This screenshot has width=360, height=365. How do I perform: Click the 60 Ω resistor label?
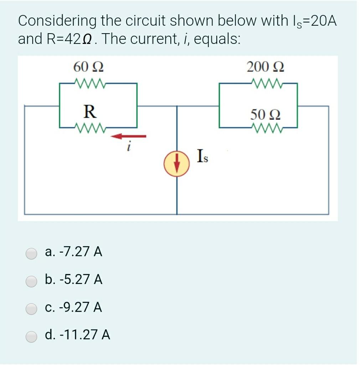(x=89, y=67)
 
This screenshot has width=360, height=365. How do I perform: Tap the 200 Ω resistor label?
(x=265, y=67)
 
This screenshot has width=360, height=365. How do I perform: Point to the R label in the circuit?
(x=89, y=112)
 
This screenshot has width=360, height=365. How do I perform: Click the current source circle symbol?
(x=176, y=164)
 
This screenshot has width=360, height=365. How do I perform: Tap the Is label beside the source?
(x=202, y=157)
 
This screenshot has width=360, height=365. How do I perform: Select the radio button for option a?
(x=31, y=253)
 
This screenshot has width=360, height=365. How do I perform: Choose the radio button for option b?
(x=31, y=281)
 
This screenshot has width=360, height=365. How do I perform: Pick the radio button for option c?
(x=31, y=308)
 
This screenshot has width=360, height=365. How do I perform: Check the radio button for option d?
(x=31, y=336)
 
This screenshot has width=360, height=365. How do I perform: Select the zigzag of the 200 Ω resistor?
(x=265, y=84)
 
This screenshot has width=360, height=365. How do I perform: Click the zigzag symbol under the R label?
(x=89, y=126)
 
